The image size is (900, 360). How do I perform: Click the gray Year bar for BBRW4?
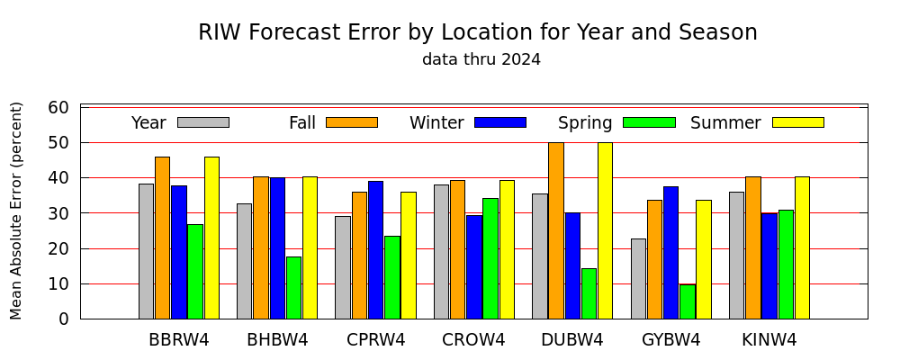pyautogui.click(x=147, y=251)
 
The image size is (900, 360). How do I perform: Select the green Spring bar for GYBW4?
pyautogui.click(x=688, y=301)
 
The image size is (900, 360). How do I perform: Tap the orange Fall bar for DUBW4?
pyautogui.click(x=556, y=230)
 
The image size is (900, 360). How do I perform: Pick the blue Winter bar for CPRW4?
pyautogui.click(x=376, y=250)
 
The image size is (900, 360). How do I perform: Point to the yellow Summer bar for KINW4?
pyautogui.click(x=803, y=247)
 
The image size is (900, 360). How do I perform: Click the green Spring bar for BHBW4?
pyautogui.click(x=294, y=288)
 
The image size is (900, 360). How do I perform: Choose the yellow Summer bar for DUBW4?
pyautogui.click(x=605, y=230)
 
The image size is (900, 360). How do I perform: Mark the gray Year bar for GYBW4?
pyautogui.click(x=638, y=278)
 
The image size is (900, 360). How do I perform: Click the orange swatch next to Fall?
pyautogui.click(x=352, y=122)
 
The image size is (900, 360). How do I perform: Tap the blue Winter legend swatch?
pyautogui.click(x=500, y=122)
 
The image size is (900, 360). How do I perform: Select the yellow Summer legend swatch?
pyautogui.click(x=798, y=122)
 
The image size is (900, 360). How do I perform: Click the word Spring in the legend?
pyautogui.click(x=585, y=123)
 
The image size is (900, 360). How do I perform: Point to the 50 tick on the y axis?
pyautogui.click(x=59, y=143)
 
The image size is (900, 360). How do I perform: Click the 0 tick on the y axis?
pyautogui.click(x=64, y=319)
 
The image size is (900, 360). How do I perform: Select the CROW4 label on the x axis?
pyautogui.click(x=473, y=340)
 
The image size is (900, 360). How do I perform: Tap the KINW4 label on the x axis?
pyautogui.click(x=769, y=340)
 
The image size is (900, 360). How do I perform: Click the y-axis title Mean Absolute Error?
pyautogui.click(x=16, y=211)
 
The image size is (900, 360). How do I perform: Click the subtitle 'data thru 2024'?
pyautogui.click(x=481, y=59)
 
